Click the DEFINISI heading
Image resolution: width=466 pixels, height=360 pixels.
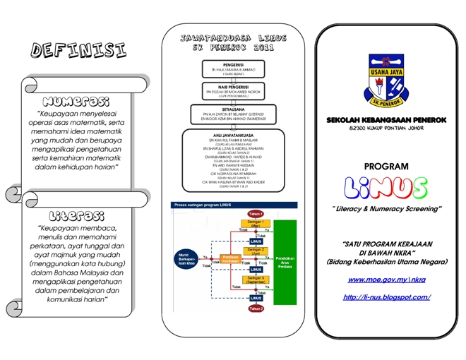click(79, 50)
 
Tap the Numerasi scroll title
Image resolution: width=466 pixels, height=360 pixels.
click(76, 101)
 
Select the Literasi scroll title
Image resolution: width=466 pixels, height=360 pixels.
click(76, 215)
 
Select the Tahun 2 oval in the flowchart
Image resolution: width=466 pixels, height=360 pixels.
click(256, 308)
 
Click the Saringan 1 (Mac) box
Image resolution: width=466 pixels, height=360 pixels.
click(256, 224)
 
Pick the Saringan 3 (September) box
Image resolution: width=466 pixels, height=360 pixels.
click(256, 282)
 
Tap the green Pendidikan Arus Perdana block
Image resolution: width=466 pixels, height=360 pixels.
click(286, 261)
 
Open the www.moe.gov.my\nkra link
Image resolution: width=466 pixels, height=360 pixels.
click(386, 280)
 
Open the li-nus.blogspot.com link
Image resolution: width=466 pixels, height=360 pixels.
click(386, 297)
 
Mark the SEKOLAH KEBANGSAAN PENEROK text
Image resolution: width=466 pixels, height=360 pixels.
click(386, 121)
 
